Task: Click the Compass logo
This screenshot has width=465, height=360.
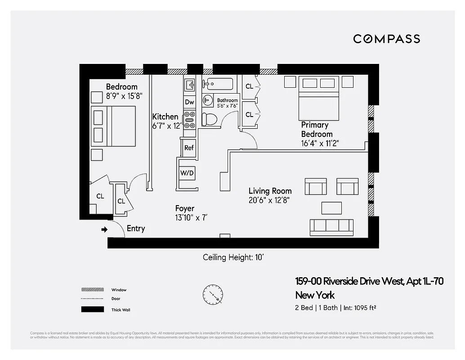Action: coord(386,39)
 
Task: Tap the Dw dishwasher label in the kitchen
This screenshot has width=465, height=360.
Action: coord(189,102)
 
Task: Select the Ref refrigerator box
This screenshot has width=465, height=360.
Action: coord(189,148)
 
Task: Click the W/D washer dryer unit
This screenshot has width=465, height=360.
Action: coord(187,173)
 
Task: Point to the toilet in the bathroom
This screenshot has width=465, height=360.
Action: coord(209,119)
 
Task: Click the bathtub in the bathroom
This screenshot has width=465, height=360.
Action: coord(218,84)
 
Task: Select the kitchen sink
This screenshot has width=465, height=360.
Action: coord(189,84)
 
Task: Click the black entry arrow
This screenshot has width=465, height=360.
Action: coord(104,229)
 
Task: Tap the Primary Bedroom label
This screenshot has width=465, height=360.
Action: coord(316,129)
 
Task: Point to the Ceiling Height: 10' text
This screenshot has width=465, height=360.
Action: coord(236,257)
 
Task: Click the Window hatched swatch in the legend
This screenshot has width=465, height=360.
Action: coord(90,289)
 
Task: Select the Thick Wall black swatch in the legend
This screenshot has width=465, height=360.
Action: coord(90,310)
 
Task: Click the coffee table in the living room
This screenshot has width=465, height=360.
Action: coord(331,207)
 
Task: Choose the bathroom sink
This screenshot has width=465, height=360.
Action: coord(208,100)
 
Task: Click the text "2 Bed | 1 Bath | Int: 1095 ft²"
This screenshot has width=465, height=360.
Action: coord(335,308)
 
